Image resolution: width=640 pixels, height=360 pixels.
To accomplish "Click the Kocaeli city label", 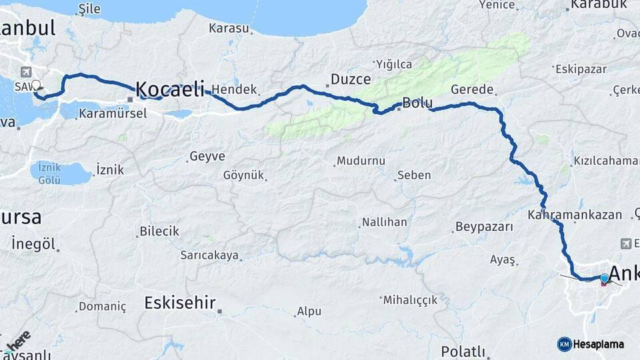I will [170, 89].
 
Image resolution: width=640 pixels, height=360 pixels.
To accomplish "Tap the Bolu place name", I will [417, 103].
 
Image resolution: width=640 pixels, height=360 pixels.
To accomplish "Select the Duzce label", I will [351, 79].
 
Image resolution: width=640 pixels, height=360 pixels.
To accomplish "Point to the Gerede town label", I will [472, 89].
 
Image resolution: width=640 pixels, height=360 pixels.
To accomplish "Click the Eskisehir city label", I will [180, 303].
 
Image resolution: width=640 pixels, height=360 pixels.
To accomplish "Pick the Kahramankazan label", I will [574, 215].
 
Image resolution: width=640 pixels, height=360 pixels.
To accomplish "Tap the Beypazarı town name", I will [484, 227].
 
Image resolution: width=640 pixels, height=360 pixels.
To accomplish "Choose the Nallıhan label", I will [384, 222].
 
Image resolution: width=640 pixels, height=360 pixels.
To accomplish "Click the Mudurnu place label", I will [361, 161].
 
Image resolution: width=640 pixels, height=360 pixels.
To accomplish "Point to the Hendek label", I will [234, 89].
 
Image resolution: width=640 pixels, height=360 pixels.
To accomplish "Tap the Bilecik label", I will [159, 231].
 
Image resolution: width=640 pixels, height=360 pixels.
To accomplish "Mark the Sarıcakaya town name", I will [209, 255].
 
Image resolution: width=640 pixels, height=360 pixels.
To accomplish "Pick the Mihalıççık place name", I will [411, 300].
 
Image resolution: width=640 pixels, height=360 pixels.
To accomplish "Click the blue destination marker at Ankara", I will [604, 279].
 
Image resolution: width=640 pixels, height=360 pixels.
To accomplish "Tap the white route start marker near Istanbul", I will [36, 85].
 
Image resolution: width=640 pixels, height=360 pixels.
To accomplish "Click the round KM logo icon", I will [564, 344].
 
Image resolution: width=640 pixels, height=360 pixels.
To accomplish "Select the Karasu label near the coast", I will [229, 29].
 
